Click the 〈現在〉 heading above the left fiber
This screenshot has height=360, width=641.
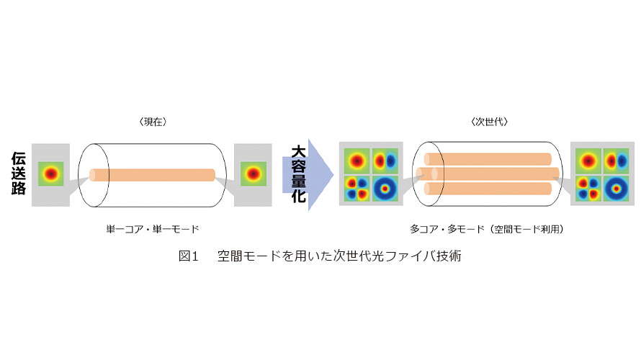coord(153,122)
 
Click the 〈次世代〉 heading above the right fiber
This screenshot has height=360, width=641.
coord(489,122)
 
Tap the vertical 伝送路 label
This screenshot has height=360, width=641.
coord(19,174)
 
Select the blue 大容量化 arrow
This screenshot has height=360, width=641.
coord(308,175)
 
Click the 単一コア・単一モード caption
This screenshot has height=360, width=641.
coord(153,229)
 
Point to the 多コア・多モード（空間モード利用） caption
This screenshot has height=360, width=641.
coord(487,229)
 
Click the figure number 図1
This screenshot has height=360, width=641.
coord(189,256)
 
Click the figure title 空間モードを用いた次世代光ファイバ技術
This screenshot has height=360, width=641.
coord(340,256)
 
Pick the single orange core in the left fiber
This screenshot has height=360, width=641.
coord(152,175)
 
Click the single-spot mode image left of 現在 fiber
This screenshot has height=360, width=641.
coord(50,174)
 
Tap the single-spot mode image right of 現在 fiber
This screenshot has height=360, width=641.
coord(254,174)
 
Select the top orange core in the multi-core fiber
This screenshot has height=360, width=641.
coord(488,159)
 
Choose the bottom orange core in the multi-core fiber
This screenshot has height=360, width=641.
coord(488,189)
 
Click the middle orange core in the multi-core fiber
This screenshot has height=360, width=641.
coord(488,174)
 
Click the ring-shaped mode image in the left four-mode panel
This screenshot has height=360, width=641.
coord(385,189)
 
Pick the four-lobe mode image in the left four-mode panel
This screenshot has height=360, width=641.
coord(357,189)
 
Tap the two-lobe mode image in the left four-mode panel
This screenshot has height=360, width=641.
coord(385,161)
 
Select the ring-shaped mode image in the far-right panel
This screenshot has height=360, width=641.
coord(616,189)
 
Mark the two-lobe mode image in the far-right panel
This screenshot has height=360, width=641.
coord(616,161)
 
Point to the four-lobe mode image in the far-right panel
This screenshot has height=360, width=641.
coord(588,189)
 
